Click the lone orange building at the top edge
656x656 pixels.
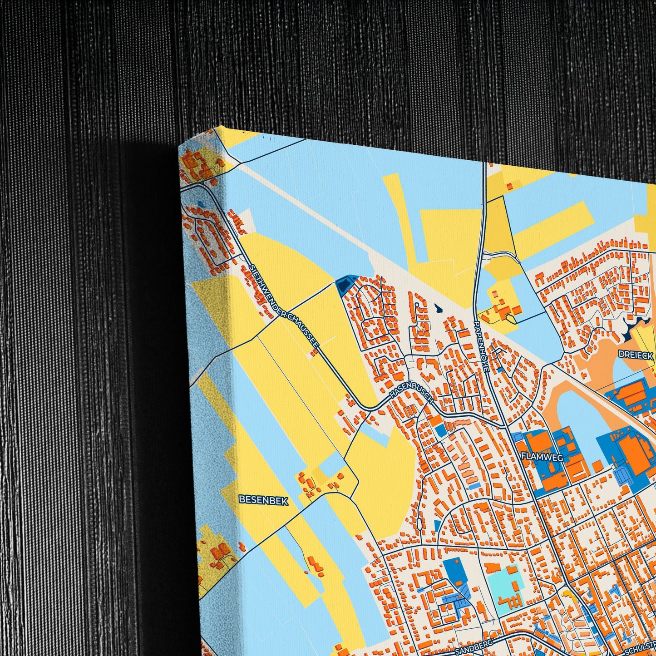point(509,186)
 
